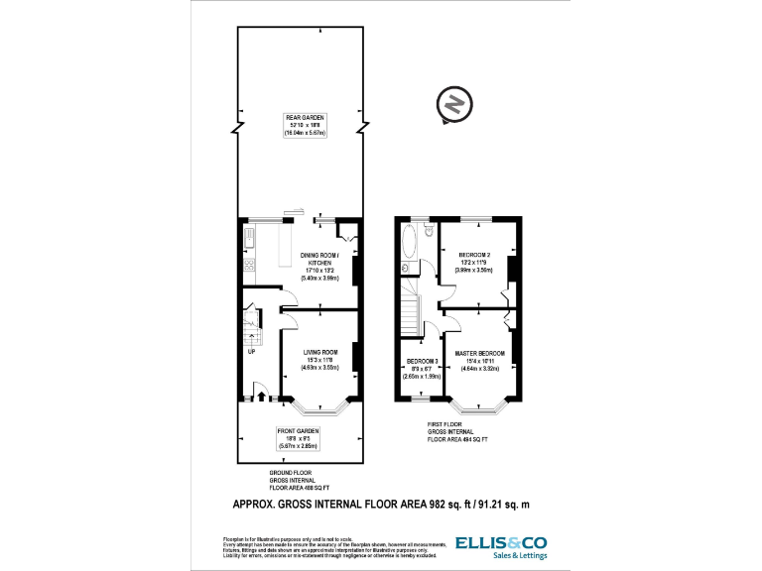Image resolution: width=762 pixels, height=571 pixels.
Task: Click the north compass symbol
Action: click(452, 105)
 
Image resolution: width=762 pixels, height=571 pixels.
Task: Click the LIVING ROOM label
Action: click(321, 352)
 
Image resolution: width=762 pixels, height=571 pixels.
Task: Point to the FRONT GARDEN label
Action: click(300, 431)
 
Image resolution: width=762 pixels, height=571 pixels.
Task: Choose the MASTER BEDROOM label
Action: click(481, 354)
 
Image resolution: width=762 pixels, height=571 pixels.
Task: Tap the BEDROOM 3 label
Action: click(422, 361)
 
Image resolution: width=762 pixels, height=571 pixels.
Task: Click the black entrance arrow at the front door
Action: click(262, 397)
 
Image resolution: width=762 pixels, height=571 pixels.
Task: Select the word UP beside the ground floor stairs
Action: click(251, 351)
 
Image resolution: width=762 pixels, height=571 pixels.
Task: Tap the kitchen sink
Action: click(249, 238)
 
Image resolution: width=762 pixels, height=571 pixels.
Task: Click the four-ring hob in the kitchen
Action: click(249, 264)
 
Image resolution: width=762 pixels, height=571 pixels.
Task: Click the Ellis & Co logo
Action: click(500, 543)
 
